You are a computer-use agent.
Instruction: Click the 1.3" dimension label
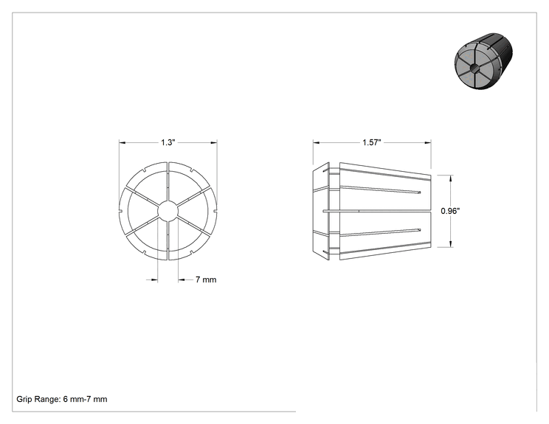point(168,142)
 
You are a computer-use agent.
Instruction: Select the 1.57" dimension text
point(371,142)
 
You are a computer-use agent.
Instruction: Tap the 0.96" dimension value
point(450,211)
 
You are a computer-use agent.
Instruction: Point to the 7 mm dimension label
point(206,279)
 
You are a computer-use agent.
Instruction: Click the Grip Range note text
point(62,399)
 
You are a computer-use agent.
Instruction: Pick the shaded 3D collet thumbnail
point(483,61)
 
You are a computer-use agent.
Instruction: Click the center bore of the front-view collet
point(168,211)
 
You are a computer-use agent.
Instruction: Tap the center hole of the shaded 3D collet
point(473,68)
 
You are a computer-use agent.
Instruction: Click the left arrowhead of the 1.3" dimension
point(122,142)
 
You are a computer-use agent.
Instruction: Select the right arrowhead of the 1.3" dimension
point(214,142)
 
